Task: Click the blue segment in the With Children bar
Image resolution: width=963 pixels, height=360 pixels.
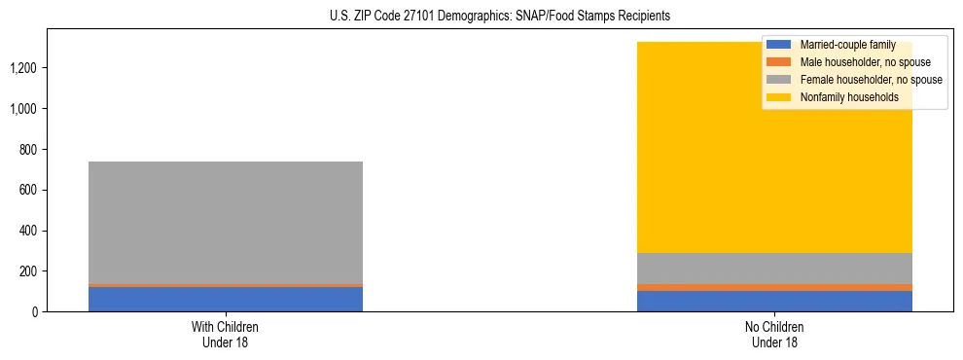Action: pyautogui.click(x=226, y=299)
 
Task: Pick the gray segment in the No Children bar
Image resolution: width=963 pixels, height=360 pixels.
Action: pyautogui.click(x=774, y=268)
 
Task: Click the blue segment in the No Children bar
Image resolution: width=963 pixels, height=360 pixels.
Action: pyautogui.click(x=774, y=302)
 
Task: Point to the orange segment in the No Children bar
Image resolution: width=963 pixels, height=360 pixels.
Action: pyautogui.click(x=774, y=287)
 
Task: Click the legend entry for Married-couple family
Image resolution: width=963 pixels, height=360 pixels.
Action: pyautogui.click(x=846, y=45)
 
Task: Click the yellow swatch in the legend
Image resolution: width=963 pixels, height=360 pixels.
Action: pyautogui.click(x=780, y=97)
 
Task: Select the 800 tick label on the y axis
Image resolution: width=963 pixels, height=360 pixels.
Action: pyautogui.click(x=31, y=150)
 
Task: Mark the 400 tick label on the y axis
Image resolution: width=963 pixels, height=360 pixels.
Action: pyautogui.click(x=31, y=231)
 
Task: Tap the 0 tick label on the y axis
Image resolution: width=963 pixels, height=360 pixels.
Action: pyautogui.click(x=37, y=312)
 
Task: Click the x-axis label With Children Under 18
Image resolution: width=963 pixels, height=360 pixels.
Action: pyautogui.click(x=226, y=334)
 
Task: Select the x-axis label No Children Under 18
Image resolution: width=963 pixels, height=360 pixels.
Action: pyautogui.click(x=774, y=334)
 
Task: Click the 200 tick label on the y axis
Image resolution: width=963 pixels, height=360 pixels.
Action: pyautogui.click(x=31, y=271)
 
